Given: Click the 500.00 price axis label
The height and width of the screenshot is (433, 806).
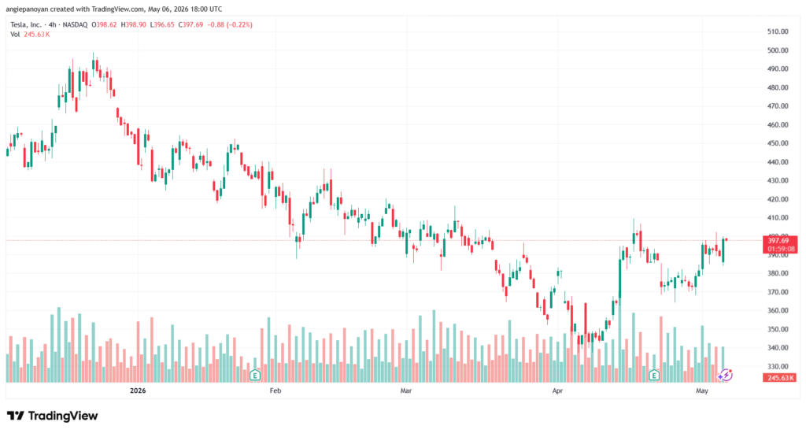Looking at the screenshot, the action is (778, 50).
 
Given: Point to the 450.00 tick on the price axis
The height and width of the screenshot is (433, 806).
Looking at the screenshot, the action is (778, 143).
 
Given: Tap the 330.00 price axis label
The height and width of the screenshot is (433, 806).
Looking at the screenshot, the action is (778, 367).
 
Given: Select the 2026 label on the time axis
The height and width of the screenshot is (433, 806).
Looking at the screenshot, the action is (138, 390).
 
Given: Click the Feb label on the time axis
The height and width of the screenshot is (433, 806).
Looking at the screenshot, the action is (275, 390).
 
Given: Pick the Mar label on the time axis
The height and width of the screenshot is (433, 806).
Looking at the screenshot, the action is (406, 390).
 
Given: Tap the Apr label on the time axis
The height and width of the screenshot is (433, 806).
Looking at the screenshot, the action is (557, 390).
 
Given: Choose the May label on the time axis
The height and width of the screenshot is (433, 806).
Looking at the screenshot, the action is (701, 390).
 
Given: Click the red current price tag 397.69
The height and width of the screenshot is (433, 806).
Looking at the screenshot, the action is (780, 245).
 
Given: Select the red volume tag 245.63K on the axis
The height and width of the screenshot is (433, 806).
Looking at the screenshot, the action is (780, 378).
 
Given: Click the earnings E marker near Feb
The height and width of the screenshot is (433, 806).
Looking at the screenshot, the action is (254, 376).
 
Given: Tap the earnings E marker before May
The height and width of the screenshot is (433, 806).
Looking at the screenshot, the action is (654, 376).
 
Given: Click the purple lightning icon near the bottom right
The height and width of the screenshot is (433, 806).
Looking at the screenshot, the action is (725, 376).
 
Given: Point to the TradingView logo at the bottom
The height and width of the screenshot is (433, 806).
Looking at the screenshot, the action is (53, 416).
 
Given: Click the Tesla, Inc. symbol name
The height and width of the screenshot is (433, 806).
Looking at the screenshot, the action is (26, 24).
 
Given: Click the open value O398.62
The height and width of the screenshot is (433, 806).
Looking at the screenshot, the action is (105, 24).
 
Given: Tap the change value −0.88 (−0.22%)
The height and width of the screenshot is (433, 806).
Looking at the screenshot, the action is (230, 24).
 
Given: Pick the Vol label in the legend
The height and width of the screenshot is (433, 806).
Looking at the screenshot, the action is (15, 35).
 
